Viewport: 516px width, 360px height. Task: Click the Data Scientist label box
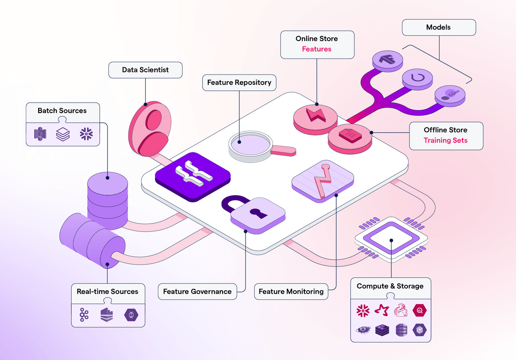(145, 70)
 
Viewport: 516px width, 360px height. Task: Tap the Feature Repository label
(239, 83)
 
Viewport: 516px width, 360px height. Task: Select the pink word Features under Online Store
(316, 49)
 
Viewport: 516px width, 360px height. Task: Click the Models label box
(438, 28)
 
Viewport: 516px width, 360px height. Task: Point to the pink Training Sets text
(445, 141)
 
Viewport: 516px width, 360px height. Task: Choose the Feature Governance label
(197, 292)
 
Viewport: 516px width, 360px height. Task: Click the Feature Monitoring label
(291, 292)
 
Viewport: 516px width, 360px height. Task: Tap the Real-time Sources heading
(107, 292)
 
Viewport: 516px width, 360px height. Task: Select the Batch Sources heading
(62, 111)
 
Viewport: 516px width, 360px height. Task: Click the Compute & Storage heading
(390, 286)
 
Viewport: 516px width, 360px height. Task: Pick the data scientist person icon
(150, 127)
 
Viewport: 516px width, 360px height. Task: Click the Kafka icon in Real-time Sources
(85, 315)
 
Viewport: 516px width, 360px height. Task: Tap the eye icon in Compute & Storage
(363, 329)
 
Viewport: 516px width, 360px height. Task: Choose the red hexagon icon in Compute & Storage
(419, 311)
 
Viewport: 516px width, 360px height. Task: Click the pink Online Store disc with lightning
(315, 116)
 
